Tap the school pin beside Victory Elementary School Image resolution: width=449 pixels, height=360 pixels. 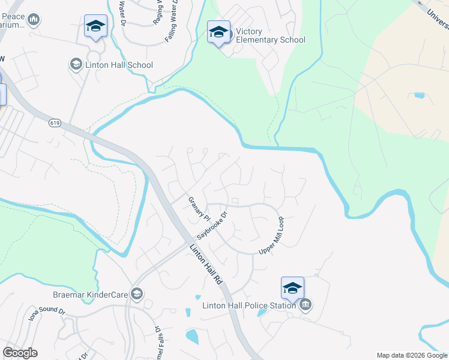click(x=218, y=32)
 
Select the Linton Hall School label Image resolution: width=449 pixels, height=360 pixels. click(x=119, y=65)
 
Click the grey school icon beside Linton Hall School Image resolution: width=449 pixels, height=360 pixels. click(x=76, y=64)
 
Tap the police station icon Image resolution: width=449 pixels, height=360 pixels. click(x=306, y=305)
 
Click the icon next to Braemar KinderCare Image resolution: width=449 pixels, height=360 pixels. click(x=137, y=293)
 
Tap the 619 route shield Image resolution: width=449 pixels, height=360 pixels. click(x=55, y=122)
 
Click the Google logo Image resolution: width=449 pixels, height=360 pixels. click(x=20, y=353)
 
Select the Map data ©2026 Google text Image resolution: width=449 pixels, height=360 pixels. click(x=412, y=355)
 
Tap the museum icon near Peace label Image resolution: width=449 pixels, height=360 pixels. click(x=34, y=20)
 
